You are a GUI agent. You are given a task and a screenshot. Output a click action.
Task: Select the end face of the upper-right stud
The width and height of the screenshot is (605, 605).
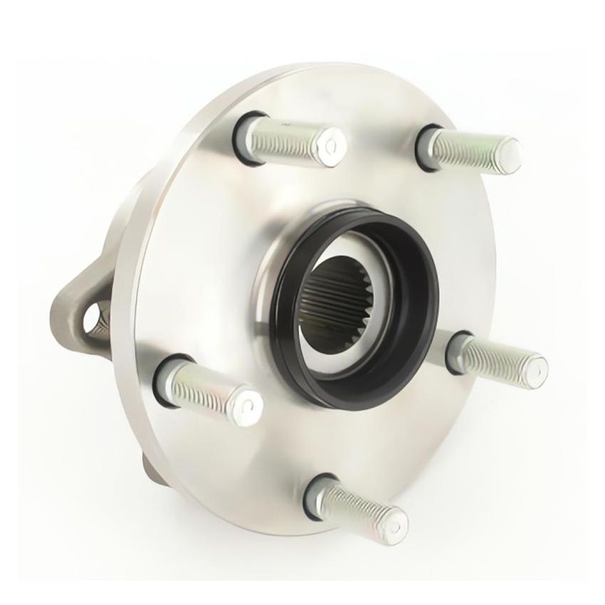pyautogui.click(x=508, y=153)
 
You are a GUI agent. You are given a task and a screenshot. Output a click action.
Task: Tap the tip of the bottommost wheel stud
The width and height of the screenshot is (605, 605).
pyautogui.click(x=393, y=524)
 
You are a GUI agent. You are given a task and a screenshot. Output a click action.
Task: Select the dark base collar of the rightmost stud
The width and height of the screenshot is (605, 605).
pyautogui.click(x=456, y=352)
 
